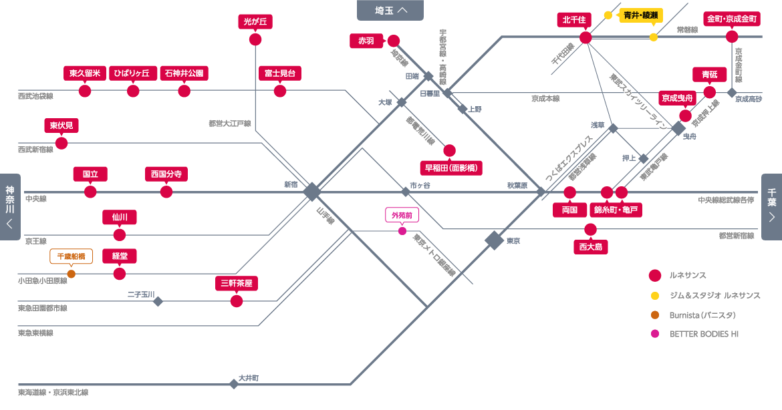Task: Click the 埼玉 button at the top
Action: click(390, 10)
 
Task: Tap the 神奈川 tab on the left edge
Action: click(10, 207)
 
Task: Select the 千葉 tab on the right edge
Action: click(771, 207)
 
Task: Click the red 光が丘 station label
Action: click(255, 21)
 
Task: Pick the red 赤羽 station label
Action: click(366, 41)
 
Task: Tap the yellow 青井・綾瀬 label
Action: click(641, 15)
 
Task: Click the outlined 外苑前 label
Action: click(402, 215)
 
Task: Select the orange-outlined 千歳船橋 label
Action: click(72, 256)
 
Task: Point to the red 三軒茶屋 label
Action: click(237, 284)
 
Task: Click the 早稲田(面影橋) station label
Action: click(451, 168)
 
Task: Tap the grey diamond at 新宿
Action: click(312, 191)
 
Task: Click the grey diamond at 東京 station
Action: click(494, 240)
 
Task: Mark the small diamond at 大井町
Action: click(233, 384)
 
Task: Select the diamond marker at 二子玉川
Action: click(158, 301)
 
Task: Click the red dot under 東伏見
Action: click(61, 144)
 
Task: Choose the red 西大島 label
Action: click(590, 246)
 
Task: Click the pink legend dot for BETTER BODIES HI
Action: click(655, 334)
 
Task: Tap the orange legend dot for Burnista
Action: click(655, 315)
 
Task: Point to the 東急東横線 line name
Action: click(35, 333)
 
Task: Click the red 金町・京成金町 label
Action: click(732, 19)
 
